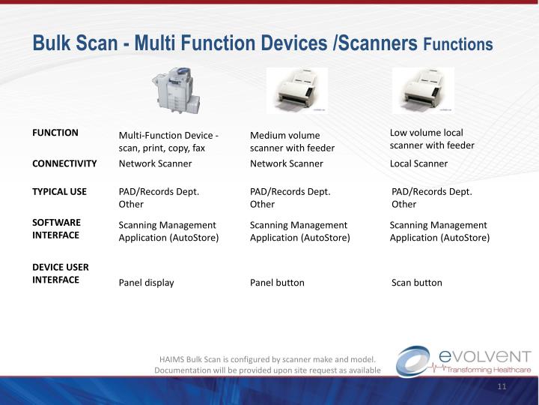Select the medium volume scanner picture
296,91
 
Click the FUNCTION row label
55,133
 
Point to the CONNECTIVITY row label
64,163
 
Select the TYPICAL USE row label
59,191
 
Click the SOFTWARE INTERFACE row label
56,229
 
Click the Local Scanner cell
418,163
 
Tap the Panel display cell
147,283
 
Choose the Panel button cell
277,283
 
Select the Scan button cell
417,283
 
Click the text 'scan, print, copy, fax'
162,148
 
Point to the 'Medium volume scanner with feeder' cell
292,142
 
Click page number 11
502,386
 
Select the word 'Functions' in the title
457,45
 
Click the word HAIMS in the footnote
173,359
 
